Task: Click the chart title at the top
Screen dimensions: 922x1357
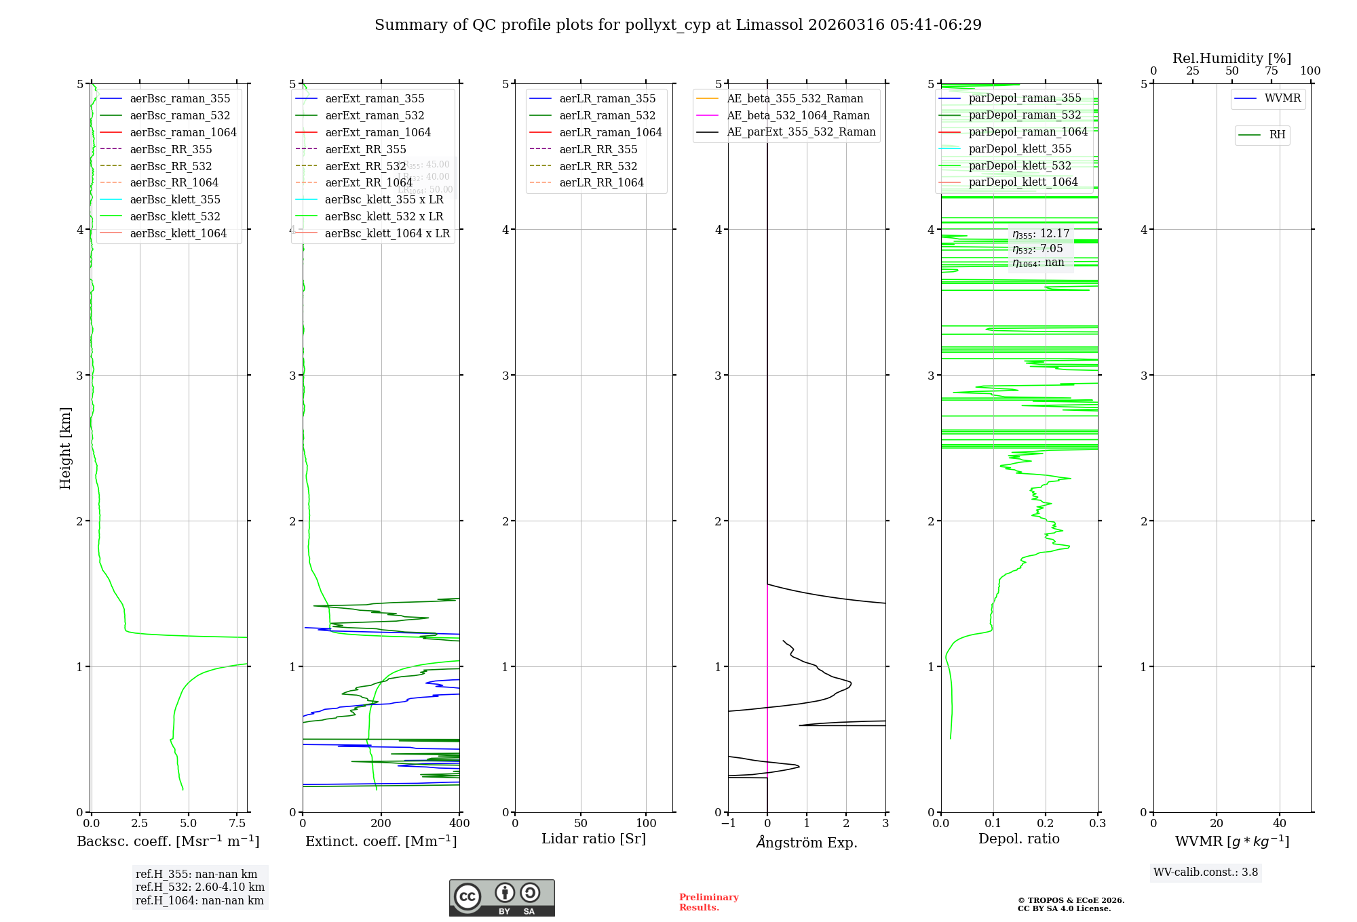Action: [x=678, y=25]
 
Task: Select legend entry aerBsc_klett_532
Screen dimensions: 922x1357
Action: [x=174, y=216]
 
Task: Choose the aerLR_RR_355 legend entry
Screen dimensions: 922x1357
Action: [x=598, y=149]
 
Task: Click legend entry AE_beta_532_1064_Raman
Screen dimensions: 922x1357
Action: [x=798, y=115]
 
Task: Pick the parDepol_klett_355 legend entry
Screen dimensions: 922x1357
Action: [x=1020, y=148]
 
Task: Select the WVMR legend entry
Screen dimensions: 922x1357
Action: [x=1282, y=98]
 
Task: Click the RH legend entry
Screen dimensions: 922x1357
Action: [x=1277, y=135]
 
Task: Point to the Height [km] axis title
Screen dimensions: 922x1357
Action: [x=65, y=447]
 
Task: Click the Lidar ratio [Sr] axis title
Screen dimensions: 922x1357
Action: [x=594, y=839]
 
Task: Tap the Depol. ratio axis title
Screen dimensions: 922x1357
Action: [x=1018, y=839]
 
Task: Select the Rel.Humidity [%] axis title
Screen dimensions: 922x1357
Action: [x=1231, y=58]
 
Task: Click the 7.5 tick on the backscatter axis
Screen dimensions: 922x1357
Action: [x=237, y=824]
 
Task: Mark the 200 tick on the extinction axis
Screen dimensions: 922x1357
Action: [x=381, y=824]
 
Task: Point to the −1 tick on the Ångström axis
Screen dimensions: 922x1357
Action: [x=728, y=824]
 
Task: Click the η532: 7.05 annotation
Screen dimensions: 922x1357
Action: [x=1037, y=249]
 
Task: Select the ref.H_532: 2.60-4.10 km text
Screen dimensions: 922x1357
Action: [x=199, y=887]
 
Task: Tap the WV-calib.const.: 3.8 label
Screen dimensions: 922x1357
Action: [x=1205, y=873]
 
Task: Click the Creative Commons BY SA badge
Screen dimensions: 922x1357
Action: [x=501, y=898]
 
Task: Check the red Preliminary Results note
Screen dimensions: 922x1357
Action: [x=708, y=902]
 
